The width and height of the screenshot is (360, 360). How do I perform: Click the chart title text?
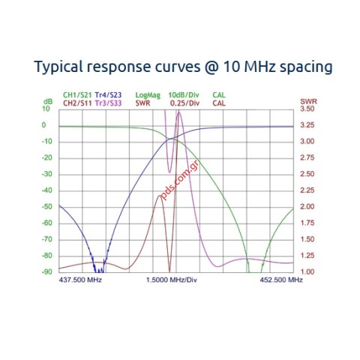point(183,67)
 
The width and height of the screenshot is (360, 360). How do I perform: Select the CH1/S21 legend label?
point(77,95)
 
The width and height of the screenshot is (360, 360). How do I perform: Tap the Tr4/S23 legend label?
point(108,95)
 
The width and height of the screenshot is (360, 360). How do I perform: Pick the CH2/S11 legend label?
point(77,103)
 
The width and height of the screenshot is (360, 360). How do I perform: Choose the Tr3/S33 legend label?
point(108,103)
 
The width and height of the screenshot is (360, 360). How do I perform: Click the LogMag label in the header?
point(148,95)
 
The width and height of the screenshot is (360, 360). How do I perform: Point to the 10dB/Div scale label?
point(184,95)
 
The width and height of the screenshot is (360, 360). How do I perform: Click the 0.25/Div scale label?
point(184,103)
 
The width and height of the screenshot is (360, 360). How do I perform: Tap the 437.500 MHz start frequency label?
point(80,280)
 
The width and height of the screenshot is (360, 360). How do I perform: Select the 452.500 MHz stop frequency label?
point(281,280)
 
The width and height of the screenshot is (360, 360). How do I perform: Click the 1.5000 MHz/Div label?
point(172,280)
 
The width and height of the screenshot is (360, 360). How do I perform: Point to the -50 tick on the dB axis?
point(47,207)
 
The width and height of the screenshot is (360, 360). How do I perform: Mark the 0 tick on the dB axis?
point(44,125)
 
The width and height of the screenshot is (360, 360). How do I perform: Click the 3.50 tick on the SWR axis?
point(307,109)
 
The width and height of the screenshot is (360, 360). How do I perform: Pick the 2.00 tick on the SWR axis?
point(307,207)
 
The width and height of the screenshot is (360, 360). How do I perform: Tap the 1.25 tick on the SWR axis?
point(307,256)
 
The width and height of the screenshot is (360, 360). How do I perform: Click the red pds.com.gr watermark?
point(180,180)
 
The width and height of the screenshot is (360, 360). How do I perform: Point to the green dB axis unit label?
point(48,102)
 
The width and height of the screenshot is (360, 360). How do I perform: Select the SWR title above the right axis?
point(309,102)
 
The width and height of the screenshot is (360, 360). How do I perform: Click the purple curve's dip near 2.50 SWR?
point(169,172)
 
